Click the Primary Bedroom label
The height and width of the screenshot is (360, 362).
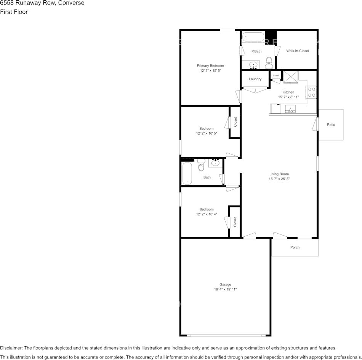210,66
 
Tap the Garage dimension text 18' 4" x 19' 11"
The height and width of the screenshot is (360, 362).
225,290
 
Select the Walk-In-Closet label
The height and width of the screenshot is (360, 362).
298,51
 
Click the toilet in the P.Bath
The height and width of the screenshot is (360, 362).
269,63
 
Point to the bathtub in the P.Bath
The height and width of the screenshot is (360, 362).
253,37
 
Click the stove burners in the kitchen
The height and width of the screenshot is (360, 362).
312,92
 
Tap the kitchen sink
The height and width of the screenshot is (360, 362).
290,109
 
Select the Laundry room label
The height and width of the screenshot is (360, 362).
255,79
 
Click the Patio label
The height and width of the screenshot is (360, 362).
331,124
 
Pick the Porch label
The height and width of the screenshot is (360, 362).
295,247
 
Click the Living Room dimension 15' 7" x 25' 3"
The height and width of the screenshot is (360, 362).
279,179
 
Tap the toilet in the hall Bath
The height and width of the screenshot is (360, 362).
201,165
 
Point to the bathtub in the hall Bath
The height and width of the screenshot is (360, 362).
187,174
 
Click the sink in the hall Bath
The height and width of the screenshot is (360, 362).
215,163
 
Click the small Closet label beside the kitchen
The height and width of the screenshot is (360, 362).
276,75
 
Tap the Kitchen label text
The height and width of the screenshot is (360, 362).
288,92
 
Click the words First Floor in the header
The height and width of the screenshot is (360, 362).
14,12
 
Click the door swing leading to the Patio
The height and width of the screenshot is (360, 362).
315,124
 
